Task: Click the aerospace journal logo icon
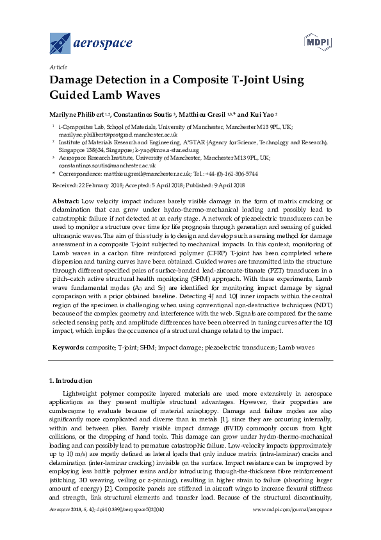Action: (60, 43)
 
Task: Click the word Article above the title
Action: (57, 67)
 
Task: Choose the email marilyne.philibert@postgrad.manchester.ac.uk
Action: (109, 135)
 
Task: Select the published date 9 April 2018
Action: (225, 185)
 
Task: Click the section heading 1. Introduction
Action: (70, 381)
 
